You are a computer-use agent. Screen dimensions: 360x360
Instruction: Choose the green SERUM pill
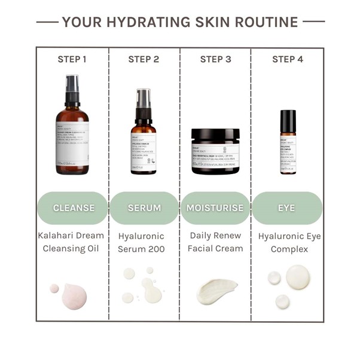coord(144,208)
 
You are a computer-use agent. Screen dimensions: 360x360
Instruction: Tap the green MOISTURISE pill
coord(215,208)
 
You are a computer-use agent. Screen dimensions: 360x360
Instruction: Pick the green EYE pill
coord(288,208)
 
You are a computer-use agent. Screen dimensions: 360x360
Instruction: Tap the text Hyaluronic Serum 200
coord(144,242)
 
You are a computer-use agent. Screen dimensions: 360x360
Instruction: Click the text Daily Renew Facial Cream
coord(215,242)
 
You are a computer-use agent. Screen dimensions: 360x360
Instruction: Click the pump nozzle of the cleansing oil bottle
coord(72,83)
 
